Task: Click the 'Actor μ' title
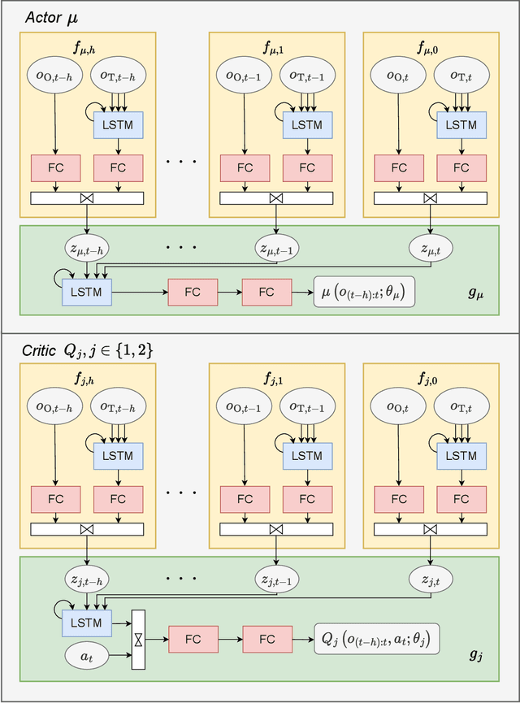51,18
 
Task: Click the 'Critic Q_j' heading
88,349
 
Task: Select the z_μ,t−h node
87,249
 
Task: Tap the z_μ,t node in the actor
431,249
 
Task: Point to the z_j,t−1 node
276,579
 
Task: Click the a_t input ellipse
87,656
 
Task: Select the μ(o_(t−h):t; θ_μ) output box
364,292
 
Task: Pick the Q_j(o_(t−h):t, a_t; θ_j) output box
376,639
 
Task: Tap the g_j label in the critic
475,655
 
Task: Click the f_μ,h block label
84,47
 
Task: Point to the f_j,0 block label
427,379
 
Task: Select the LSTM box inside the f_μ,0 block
461,124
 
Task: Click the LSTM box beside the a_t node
86,623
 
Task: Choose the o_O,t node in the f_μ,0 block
398,76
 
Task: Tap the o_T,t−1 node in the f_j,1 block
307,406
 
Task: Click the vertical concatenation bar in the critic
138,640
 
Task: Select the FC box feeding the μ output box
266,293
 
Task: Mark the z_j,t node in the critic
431,579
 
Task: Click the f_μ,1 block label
274,47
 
